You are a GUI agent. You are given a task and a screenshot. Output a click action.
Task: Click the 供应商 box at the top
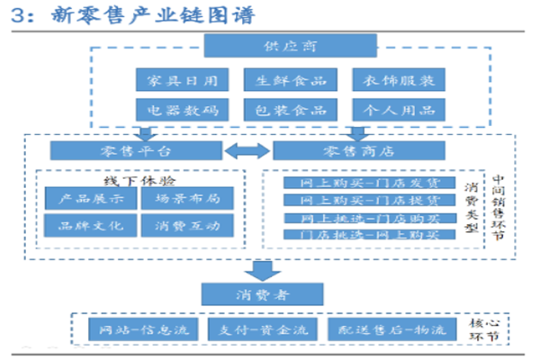click(x=261, y=47)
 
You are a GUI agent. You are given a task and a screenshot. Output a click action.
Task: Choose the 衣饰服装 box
click(x=398, y=80)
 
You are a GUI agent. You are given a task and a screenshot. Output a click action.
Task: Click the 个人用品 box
click(x=398, y=110)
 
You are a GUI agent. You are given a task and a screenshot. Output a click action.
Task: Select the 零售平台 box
click(x=134, y=150)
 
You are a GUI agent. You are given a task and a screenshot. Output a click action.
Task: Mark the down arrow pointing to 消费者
click(x=261, y=270)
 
